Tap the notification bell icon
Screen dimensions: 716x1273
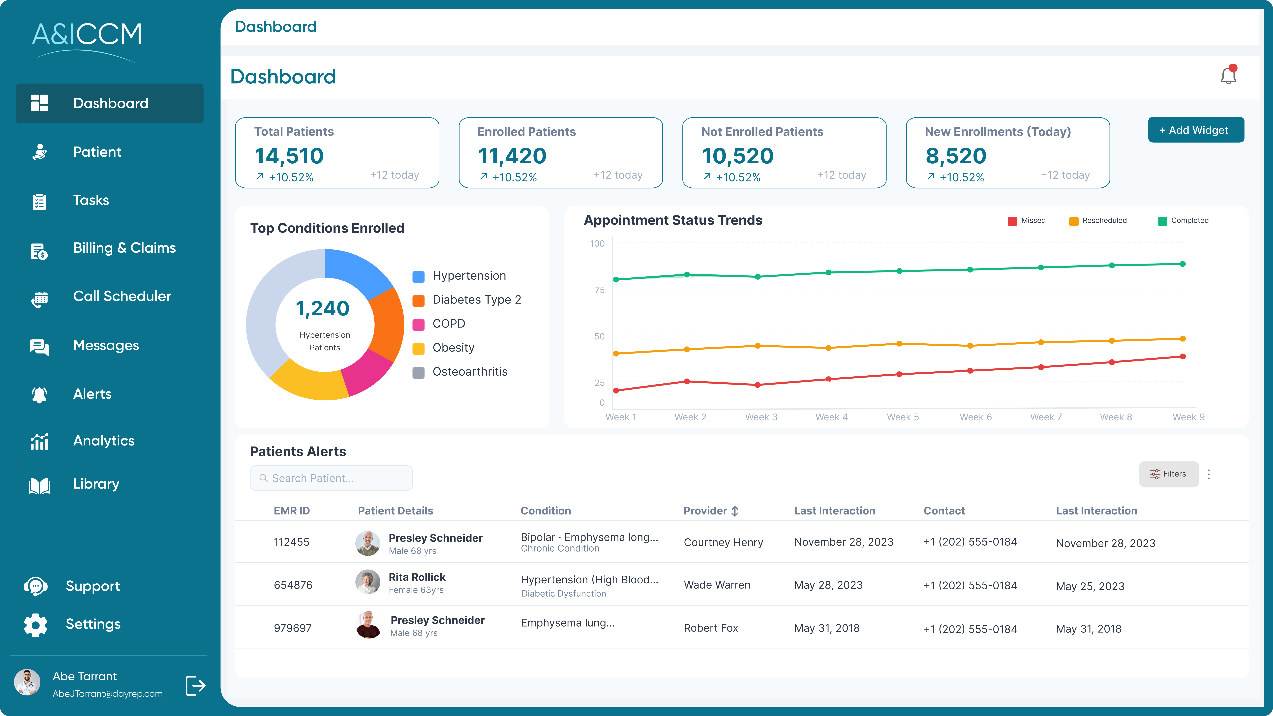click(x=1228, y=76)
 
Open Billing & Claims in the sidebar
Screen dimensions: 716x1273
click(x=124, y=248)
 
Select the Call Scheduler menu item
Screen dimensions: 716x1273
click(x=121, y=297)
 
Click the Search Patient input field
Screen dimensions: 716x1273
click(x=331, y=478)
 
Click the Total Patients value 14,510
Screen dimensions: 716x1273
click(x=289, y=156)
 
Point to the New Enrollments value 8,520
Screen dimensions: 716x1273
click(x=956, y=156)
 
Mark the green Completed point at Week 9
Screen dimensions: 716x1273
click(x=1182, y=264)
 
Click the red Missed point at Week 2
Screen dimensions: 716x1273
click(x=687, y=382)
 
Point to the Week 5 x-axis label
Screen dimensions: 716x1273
click(x=902, y=417)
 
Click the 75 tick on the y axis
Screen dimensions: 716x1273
click(x=599, y=290)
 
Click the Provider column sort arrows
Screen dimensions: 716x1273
click(x=735, y=511)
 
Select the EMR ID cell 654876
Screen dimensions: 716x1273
click(x=293, y=585)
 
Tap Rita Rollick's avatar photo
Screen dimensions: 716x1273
click(x=368, y=582)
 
